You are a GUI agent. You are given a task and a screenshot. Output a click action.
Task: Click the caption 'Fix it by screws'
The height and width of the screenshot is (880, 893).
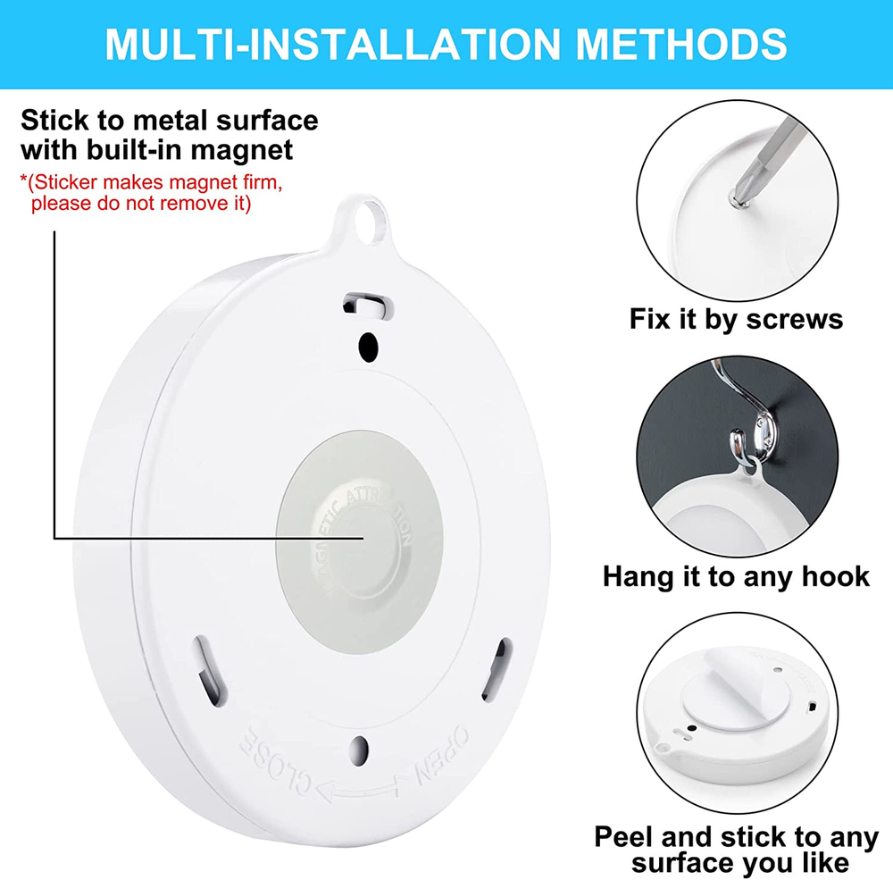736,319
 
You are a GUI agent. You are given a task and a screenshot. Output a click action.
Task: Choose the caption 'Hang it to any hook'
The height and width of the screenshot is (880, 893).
736,576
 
